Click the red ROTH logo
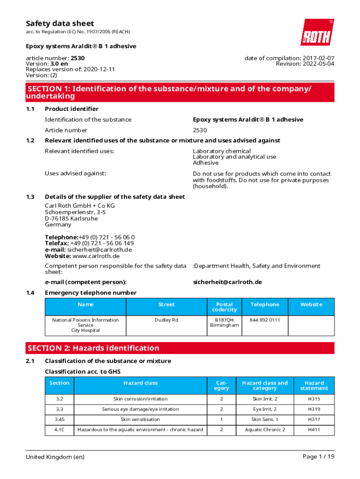[317, 32]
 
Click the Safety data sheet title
[59, 23]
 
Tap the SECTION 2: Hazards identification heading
[94, 348]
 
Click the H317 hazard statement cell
[314, 419]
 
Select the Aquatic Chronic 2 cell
[265, 429]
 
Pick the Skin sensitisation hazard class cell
[140, 419]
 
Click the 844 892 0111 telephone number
[265, 320]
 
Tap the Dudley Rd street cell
[166, 320]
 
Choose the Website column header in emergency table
[311, 305]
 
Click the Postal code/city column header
[224, 307]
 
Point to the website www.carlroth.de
[96, 256]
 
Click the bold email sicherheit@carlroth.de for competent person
[227, 282]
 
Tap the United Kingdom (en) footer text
[55, 457]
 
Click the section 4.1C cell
[59, 429]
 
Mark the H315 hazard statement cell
[314, 399]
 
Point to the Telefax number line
[89, 243]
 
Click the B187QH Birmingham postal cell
[224, 322]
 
